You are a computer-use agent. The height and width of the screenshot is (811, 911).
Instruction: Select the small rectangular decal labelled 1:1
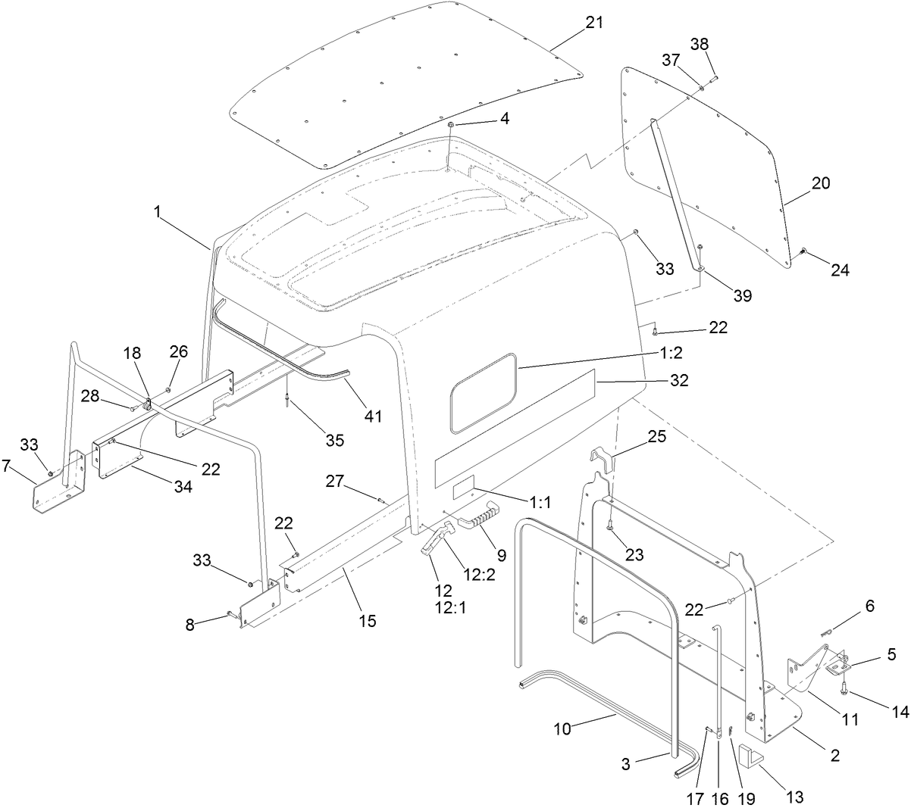click(x=463, y=492)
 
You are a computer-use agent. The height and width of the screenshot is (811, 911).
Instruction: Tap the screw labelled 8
click(x=233, y=614)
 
